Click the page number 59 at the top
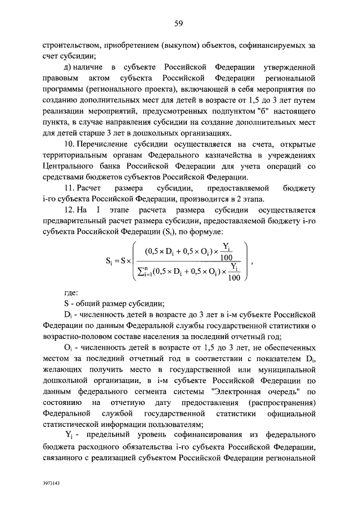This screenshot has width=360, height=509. click(x=180, y=23)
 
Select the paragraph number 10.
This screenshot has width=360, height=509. click(x=70, y=144)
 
